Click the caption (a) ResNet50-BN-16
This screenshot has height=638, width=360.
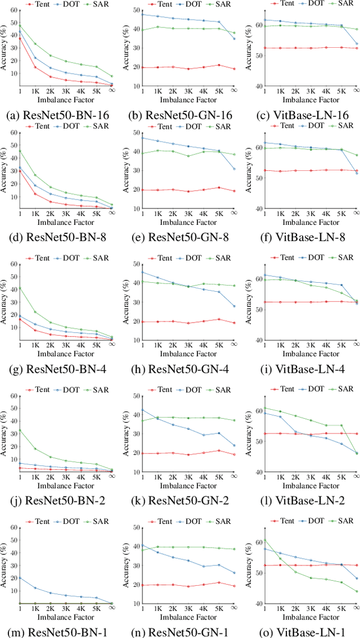tap(62, 116)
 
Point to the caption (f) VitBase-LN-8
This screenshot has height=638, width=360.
tap(304, 237)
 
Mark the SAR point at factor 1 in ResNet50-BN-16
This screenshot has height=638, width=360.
tap(20, 25)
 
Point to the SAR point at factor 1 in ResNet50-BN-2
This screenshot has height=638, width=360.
tap(20, 430)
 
